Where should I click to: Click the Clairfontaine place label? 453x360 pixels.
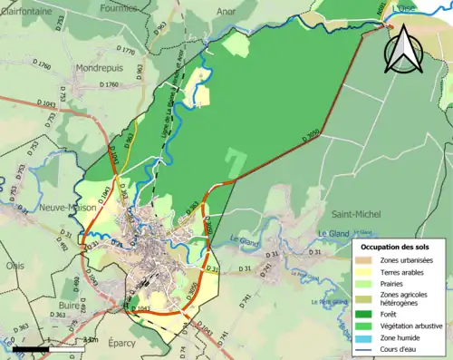click(27, 12)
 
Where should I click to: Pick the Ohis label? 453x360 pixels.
click(15, 266)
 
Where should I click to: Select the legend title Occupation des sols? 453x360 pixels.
click(396, 247)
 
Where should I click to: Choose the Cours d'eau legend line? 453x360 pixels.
click(368, 347)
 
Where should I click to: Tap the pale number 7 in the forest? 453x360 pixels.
click(236, 159)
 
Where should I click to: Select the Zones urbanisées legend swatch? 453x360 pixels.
click(368, 260)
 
